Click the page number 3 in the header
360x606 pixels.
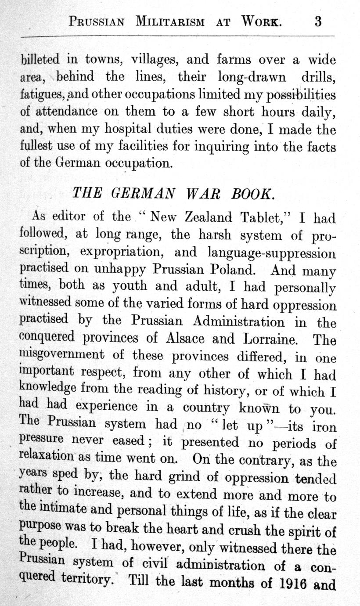[x=318, y=21]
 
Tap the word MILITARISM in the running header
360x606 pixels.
[x=170, y=22]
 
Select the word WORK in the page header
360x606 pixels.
[x=262, y=22]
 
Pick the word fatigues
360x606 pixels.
[x=43, y=95]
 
